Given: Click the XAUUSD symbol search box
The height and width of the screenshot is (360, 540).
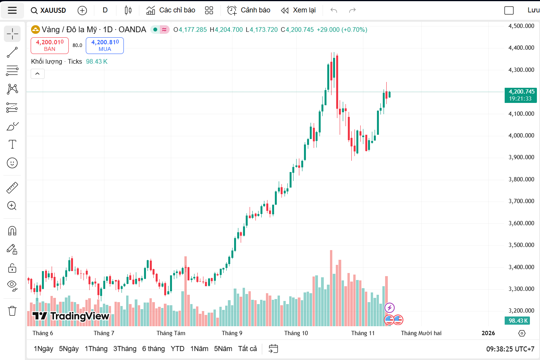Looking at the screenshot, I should coord(49,10).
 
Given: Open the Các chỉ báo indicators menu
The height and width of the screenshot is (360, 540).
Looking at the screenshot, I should coord(171,10).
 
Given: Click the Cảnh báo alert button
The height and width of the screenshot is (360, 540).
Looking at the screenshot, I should coord(248,10).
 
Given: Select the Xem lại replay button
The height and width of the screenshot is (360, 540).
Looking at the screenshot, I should coord(298,10).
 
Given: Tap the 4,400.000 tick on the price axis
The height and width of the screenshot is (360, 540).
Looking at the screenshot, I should coord(521,48).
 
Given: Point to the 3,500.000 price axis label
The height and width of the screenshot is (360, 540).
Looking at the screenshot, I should coord(521,245).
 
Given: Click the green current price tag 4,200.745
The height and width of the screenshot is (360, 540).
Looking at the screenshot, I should coord(520,95).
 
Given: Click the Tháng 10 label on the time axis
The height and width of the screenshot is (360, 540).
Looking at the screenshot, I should coord(296,333).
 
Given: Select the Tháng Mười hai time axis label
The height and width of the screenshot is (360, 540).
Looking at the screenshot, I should coord(421,333).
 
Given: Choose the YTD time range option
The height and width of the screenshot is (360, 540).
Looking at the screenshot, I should coord(177,349).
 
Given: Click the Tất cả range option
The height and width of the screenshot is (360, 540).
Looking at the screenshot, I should coord(247,349).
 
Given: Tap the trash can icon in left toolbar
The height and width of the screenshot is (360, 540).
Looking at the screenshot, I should coord(12,311).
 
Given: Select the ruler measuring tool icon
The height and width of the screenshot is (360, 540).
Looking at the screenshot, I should coord(12,188).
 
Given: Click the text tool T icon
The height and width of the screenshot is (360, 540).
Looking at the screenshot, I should coord(12,144).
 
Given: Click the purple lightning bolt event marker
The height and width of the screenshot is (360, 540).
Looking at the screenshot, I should coord(389,308).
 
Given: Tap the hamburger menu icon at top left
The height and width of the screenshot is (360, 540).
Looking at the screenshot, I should coord(12,10).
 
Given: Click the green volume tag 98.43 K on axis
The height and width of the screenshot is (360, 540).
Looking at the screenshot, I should coord(518,321).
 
